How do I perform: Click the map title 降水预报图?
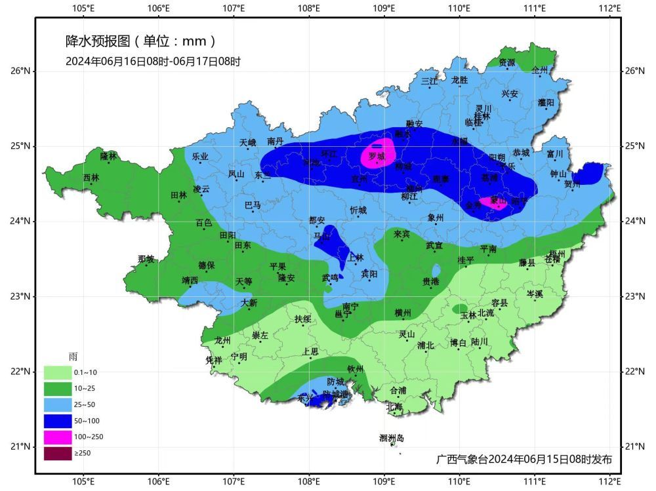click(x=98, y=41)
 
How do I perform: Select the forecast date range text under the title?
click(x=153, y=62)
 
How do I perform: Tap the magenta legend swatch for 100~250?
click(x=57, y=437)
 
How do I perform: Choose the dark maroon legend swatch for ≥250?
click(x=57, y=453)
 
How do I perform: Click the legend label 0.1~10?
click(x=85, y=372)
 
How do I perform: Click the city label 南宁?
click(x=350, y=307)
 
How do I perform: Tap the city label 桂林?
click(x=482, y=116)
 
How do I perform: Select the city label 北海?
click(x=394, y=406)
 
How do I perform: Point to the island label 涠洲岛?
click(x=392, y=438)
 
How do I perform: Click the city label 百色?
click(x=204, y=223)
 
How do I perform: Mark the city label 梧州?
click(x=556, y=254)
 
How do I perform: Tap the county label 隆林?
click(x=108, y=156)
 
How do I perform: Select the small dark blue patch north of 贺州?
click(x=590, y=172)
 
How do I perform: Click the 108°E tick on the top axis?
click(x=309, y=9)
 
